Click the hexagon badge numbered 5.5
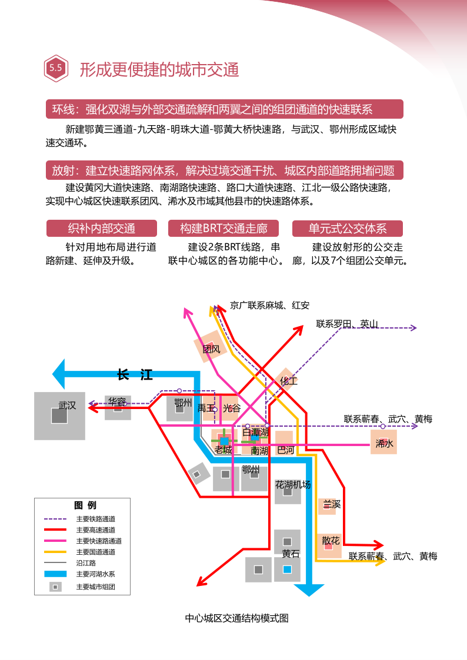click(56, 68)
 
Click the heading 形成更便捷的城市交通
click(159, 69)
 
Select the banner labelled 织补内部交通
click(102, 229)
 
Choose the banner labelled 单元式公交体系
click(348, 229)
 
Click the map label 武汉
click(67, 406)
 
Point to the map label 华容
click(116, 402)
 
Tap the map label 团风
click(211, 349)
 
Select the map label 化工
click(288, 381)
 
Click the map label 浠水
click(384, 444)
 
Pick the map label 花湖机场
click(293, 485)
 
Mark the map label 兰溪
click(332, 504)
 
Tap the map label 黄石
click(291, 554)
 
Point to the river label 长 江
click(135, 375)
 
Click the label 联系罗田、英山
click(347, 323)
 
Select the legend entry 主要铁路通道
click(95, 519)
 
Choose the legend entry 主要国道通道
click(95, 552)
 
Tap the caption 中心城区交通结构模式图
click(236, 618)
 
